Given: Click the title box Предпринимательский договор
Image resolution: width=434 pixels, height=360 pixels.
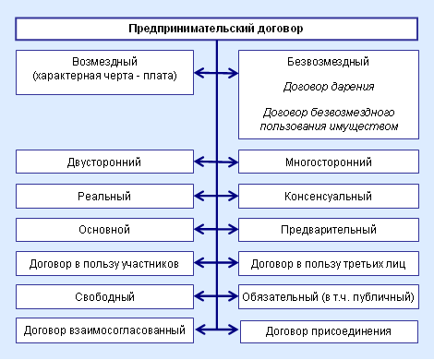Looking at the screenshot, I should [x=216, y=30].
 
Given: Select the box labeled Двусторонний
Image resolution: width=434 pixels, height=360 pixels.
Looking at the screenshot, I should [x=103, y=162].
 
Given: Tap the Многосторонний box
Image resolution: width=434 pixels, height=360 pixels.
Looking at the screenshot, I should [x=329, y=162].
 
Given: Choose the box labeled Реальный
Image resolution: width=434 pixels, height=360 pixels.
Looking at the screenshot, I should [x=103, y=196].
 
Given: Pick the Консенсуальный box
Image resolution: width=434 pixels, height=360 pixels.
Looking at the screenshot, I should [x=329, y=196].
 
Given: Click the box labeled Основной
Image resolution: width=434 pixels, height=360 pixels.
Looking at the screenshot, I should [x=103, y=229].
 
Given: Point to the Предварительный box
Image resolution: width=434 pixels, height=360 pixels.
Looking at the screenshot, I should [x=329, y=229].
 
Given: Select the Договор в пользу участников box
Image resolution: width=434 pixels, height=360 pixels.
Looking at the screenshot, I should [x=103, y=262].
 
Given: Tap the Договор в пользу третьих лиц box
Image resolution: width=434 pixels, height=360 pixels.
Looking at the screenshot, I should [x=329, y=262].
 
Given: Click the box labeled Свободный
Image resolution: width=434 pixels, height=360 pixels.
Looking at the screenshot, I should [x=103, y=296].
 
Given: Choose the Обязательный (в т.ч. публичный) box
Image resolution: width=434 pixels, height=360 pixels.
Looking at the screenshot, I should [x=329, y=296].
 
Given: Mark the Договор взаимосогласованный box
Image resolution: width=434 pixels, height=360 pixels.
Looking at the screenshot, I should [x=103, y=329].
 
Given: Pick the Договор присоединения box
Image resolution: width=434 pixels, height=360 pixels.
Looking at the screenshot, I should [x=329, y=330].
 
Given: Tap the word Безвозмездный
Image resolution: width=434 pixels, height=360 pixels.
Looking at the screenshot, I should [x=329, y=62].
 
